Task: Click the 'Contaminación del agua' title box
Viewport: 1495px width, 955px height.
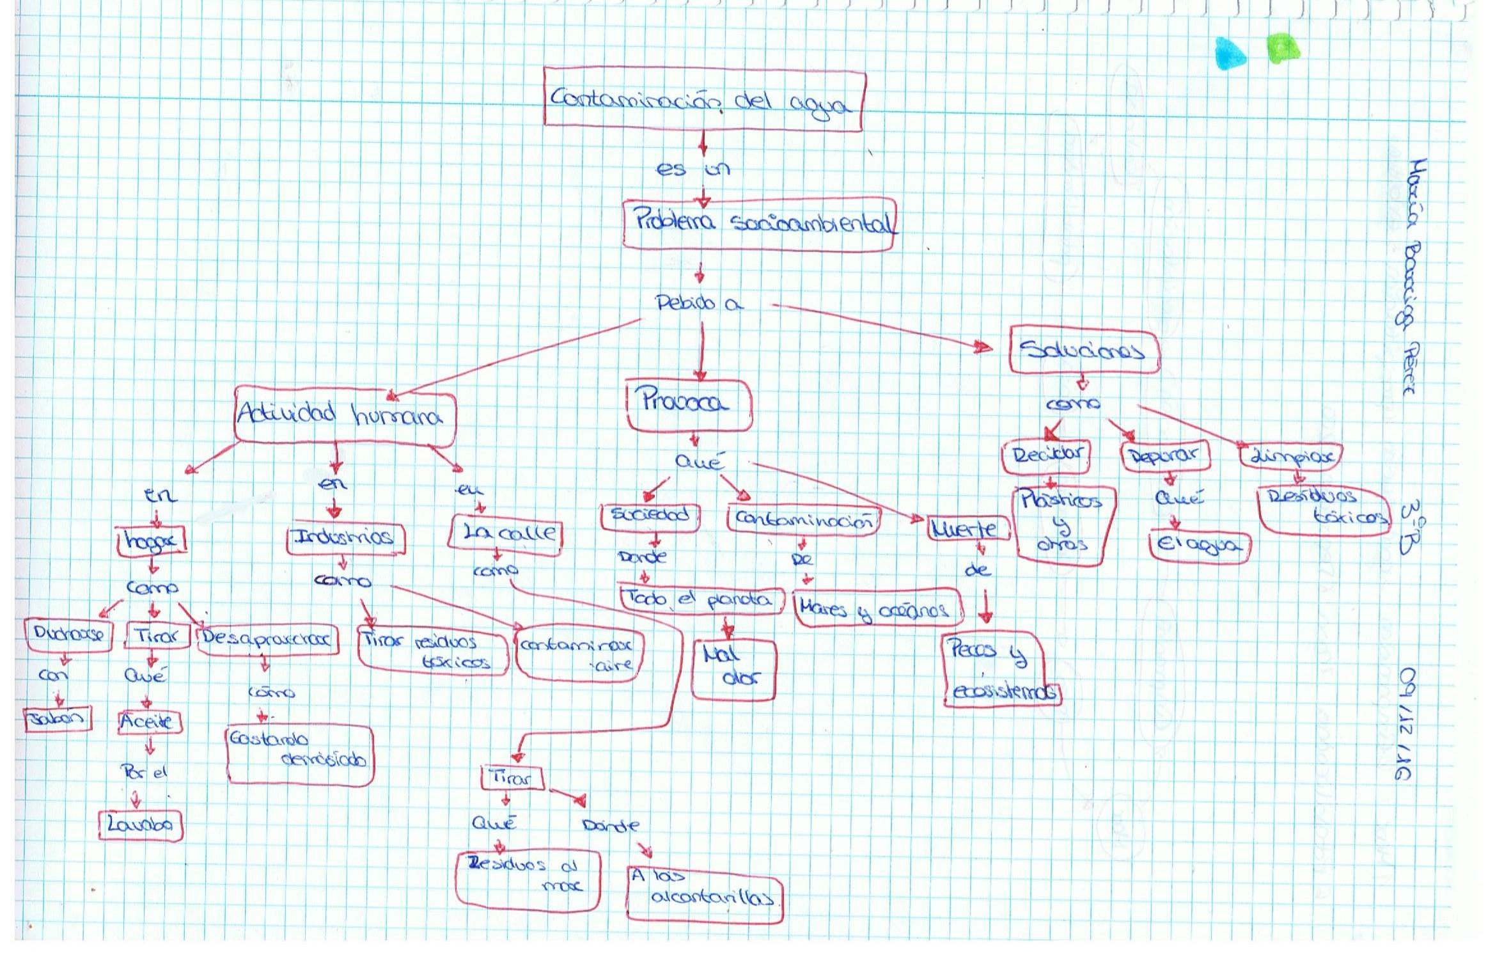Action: pos(703,100)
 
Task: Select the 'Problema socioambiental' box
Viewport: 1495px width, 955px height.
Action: pos(759,224)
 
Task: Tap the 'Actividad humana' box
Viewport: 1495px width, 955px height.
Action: pos(344,415)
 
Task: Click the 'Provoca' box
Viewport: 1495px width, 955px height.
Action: pos(688,405)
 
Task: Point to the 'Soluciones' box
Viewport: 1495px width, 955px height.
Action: pos(1084,350)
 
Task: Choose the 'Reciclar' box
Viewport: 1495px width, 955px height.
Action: pos(1046,456)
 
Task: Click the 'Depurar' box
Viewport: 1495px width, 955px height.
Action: pos(1164,456)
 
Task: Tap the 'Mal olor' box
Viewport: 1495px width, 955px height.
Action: pos(733,668)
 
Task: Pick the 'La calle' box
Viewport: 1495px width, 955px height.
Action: pos(505,533)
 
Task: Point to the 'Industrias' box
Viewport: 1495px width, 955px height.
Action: pos(346,539)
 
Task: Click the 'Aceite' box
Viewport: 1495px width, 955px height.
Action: pos(149,722)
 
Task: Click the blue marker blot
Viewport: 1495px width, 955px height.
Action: pos(1230,53)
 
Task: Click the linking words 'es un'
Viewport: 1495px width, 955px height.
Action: pos(693,170)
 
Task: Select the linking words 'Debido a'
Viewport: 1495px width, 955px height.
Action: pos(698,303)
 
